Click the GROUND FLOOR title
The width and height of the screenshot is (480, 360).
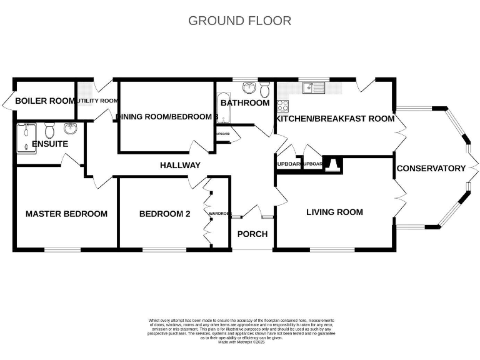(239, 21)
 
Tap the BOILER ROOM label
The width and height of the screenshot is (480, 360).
(45, 101)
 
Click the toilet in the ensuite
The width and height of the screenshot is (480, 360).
(51, 130)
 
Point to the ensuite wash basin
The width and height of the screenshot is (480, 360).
(70, 129)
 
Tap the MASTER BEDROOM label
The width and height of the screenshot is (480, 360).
(66, 214)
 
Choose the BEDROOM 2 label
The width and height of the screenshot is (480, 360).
(164, 214)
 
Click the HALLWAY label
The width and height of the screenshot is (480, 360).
(180, 165)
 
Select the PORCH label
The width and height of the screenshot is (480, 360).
(252, 234)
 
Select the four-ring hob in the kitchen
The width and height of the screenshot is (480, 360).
(282, 106)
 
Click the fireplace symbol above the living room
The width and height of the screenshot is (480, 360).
(333, 164)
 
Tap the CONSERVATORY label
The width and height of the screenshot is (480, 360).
(431, 168)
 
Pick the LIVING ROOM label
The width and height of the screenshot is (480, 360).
(334, 212)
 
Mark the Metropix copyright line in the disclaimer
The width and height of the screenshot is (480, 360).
(241, 342)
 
